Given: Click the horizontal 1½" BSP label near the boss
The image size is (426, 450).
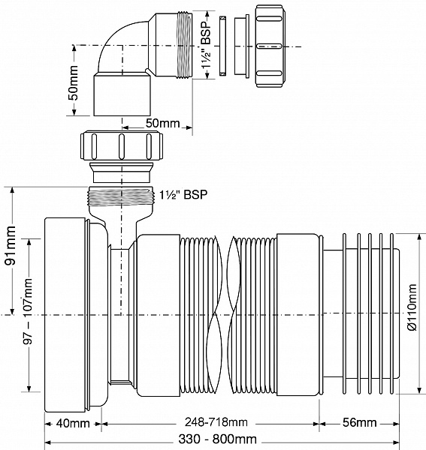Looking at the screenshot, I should click(184, 193).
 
